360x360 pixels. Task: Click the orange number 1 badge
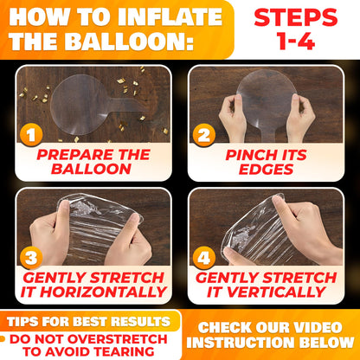31,134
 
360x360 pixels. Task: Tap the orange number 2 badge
204,135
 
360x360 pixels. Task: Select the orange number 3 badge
31,257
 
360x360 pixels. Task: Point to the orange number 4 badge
204,257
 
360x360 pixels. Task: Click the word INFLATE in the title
170,17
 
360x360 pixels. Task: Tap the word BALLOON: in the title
129,42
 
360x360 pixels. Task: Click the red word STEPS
296,17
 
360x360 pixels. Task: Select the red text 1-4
296,41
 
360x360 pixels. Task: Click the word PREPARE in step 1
75,155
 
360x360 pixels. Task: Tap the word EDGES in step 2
266,170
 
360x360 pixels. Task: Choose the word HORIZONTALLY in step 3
103,292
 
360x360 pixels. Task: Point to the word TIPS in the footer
22,322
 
